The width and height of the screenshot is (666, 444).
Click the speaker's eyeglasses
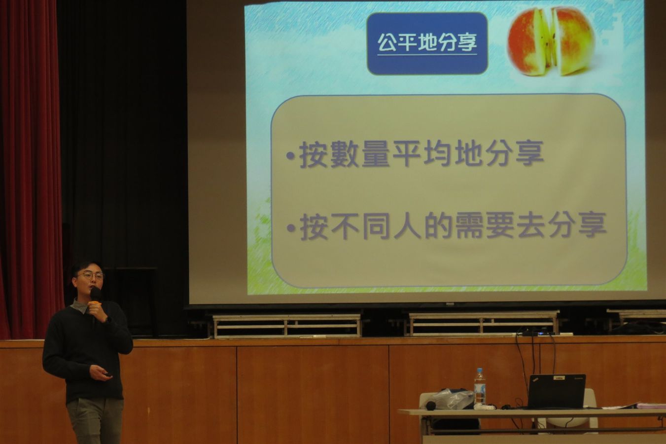(91, 276)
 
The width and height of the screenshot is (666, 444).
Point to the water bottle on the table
(480, 387)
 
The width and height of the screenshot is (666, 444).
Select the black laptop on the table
(556, 391)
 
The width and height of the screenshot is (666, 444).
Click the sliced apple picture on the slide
(551, 41)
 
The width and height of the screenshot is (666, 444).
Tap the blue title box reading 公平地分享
(427, 43)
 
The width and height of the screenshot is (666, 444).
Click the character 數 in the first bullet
(345, 154)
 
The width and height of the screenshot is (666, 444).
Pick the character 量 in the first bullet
(376, 154)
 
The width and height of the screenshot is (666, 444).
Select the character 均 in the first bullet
(438, 154)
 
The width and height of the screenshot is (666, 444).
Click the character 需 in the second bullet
(470, 225)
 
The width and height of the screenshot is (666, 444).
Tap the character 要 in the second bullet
(501, 225)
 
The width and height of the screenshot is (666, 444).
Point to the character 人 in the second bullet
(408, 225)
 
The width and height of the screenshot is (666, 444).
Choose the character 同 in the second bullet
(377, 225)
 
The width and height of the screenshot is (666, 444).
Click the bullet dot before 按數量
(291, 155)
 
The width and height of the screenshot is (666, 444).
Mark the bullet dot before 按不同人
(291, 228)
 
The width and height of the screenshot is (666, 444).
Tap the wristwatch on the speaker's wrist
(108, 320)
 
